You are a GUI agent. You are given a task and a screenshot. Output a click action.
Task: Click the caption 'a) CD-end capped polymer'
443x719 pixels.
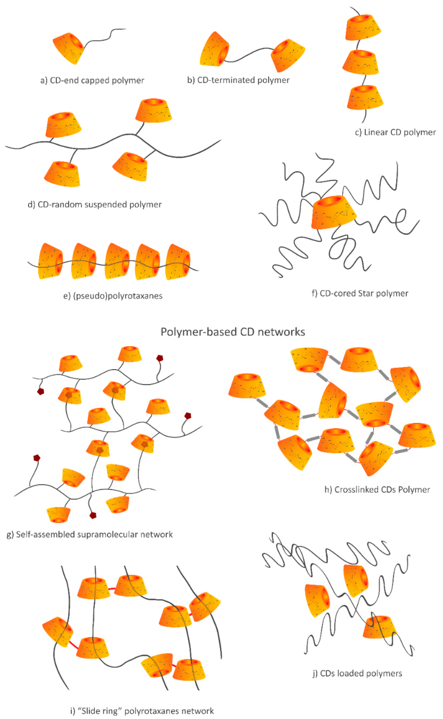pos(92,80)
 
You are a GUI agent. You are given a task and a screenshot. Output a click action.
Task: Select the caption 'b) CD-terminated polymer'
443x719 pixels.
pos(239,80)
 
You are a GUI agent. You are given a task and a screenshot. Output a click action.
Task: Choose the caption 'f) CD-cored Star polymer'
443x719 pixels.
pos(360,293)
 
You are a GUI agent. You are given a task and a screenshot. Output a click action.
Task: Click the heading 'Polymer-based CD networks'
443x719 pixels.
pos(233,332)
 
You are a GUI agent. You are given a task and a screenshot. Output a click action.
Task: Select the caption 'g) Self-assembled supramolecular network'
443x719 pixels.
pos(90,535)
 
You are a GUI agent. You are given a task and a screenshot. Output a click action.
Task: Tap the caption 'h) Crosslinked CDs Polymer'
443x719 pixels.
pos(377,490)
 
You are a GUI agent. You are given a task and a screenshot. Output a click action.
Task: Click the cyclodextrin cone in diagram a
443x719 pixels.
pos(69,48)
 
